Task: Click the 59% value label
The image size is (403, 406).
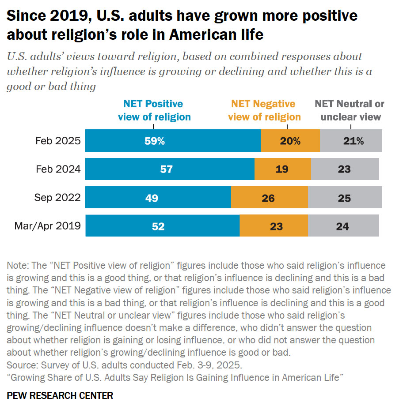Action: pos(155,141)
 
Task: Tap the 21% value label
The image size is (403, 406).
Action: pos(353,141)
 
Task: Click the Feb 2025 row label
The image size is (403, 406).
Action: pos(58,141)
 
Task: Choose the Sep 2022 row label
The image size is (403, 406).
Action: pos(57,198)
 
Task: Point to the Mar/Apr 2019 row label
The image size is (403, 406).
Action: pos(47,226)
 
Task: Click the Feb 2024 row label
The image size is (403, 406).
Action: pos(58,169)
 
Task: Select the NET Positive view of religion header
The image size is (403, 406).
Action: pos(153,110)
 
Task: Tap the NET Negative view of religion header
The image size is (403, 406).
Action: pos(264,110)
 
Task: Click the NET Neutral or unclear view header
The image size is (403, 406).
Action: pos(350,110)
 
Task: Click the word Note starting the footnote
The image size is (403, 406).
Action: pos(17,266)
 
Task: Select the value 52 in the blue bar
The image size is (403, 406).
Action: pos(158,226)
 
